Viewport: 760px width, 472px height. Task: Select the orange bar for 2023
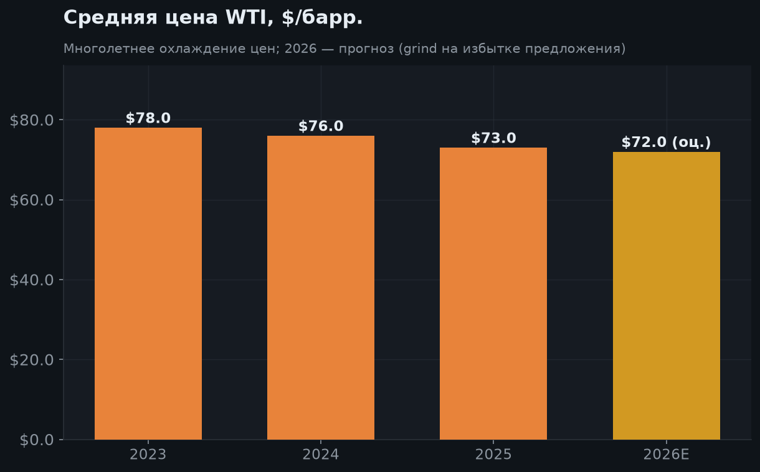point(148,283)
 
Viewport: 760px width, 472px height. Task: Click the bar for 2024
point(321,288)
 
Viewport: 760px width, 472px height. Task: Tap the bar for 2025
point(493,294)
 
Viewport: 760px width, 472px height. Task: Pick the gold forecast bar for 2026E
point(667,296)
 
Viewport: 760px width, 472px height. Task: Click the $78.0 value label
point(148,118)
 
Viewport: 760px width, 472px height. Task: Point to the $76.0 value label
point(321,126)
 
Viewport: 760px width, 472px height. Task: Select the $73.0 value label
point(493,138)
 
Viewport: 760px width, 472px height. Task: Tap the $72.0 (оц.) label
point(666,143)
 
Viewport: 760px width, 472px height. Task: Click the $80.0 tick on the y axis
point(32,120)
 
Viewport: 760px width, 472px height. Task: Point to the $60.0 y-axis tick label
point(32,201)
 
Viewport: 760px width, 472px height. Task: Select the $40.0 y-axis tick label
point(32,280)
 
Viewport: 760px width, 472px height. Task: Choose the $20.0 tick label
point(32,360)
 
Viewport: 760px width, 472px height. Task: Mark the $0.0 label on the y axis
point(37,440)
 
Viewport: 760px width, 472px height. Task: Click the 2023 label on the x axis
point(148,455)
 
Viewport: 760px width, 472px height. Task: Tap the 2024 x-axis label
point(321,455)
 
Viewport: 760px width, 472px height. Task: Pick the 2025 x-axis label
point(493,455)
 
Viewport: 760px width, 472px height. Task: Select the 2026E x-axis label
point(666,455)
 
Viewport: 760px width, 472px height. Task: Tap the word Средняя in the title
point(110,18)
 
